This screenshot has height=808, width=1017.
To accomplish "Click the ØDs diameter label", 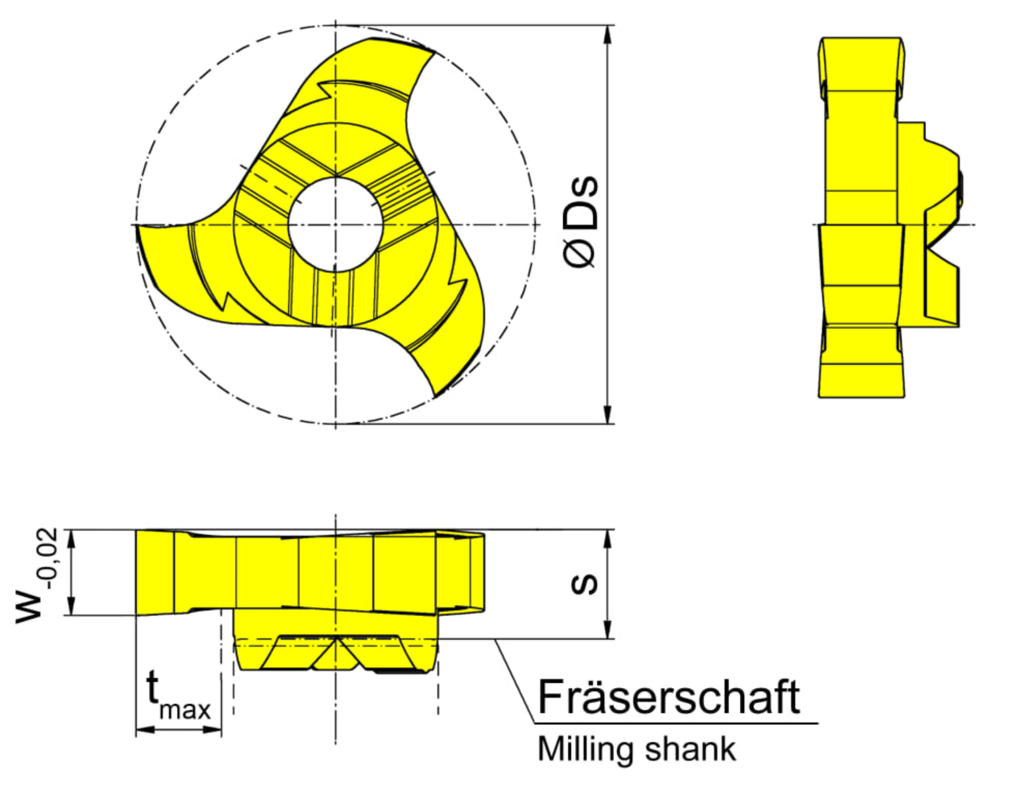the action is (x=581, y=222).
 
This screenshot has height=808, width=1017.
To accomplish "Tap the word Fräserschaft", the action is (x=669, y=697).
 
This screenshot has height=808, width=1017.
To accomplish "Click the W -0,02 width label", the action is (x=36, y=575).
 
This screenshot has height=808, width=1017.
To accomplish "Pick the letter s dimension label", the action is (x=584, y=584).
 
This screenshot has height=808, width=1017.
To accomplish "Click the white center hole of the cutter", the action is (x=335, y=224).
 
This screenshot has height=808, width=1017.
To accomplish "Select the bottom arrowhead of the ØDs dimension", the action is (x=608, y=414).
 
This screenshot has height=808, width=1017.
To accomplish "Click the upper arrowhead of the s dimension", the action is (x=608, y=540).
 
